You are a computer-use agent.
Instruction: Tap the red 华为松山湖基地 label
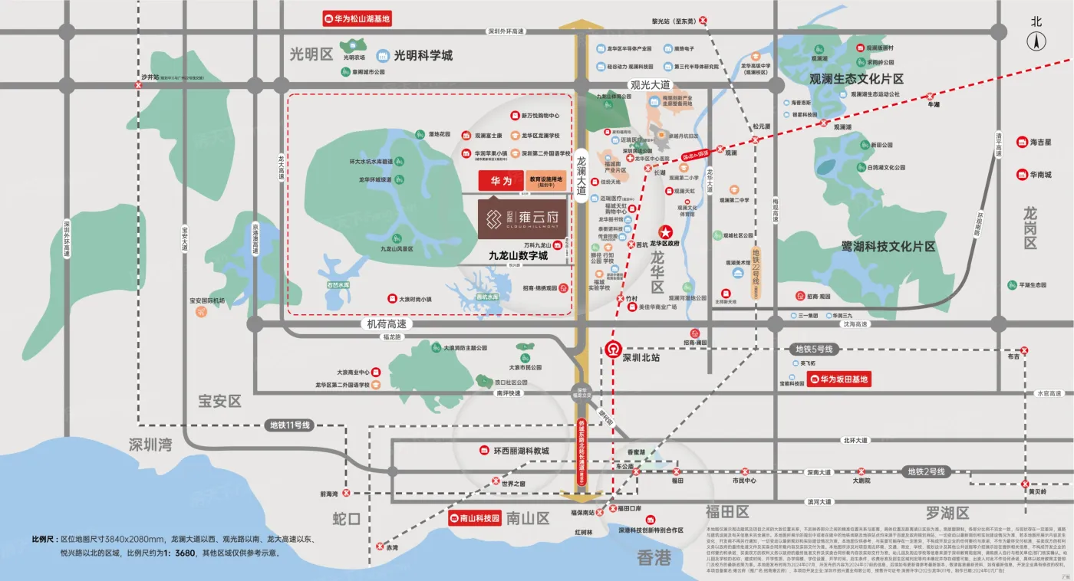[x=357, y=19]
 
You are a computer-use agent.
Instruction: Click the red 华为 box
[x=496, y=180]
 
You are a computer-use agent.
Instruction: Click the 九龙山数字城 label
[x=518, y=257]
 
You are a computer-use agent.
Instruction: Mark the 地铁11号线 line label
[x=289, y=425]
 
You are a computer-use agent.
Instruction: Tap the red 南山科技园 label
[x=474, y=517]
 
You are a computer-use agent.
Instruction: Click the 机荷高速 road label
[x=386, y=324]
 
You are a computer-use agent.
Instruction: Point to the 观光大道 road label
[x=650, y=85]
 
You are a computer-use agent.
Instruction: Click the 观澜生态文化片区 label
[x=856, y=79]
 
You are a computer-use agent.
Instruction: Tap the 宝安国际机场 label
[x=207, y=300]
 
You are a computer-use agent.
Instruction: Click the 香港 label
[x=654, y=557]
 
